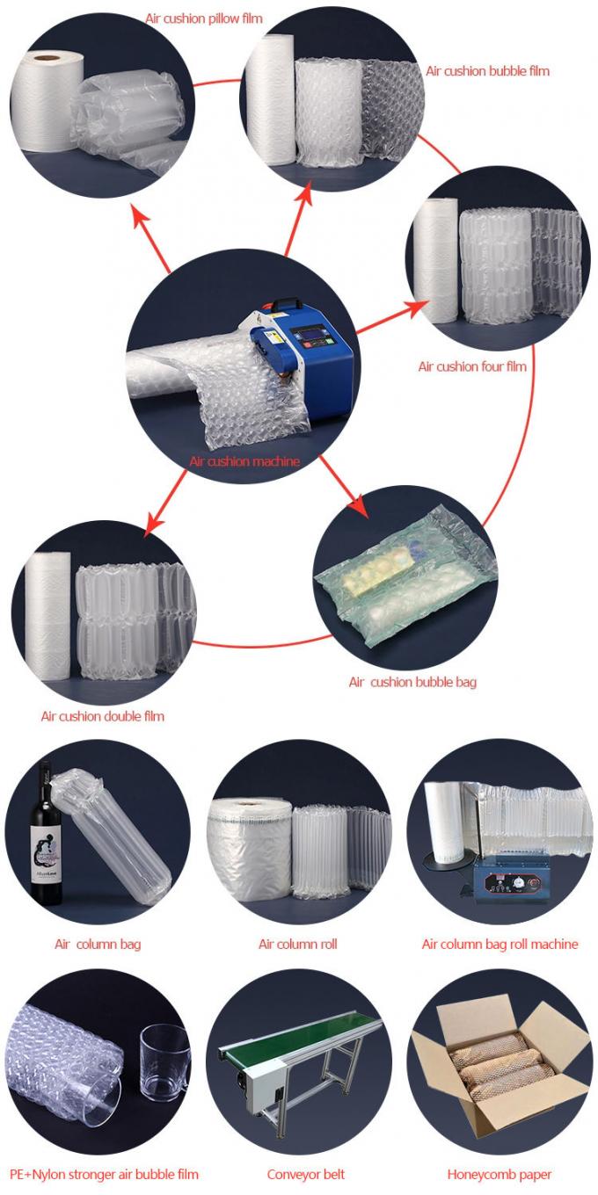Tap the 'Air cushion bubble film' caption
(x=488, y=70)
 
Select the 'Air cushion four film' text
(x=472, y=366)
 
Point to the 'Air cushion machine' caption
(x=245, y=460)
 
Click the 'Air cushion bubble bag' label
(x=412, y=681)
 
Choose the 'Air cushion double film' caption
(x=103, y=715)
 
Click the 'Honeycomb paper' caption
(x=500, y=1173)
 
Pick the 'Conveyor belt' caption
(x=306, y=1173)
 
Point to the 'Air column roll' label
(x=297, y=944)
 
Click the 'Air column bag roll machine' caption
(x=500, y=944)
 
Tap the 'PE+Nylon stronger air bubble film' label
(x=104, y=1173)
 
